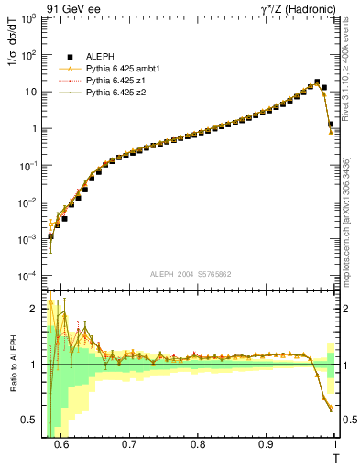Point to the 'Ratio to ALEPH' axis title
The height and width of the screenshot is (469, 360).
(12, 365)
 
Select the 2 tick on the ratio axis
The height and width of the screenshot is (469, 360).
(36, 309)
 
